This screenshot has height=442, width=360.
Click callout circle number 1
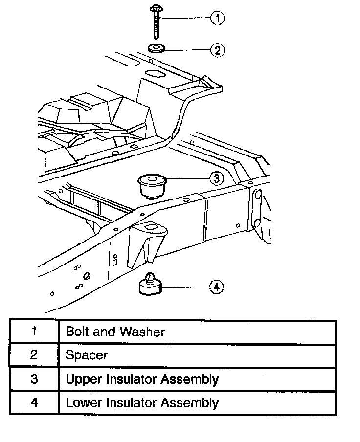[x=217, y=19]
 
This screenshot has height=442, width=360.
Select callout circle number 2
[x=217, y=49]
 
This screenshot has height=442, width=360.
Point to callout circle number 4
[x=217, y=287]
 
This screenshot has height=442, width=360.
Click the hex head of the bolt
[x=156, y=9]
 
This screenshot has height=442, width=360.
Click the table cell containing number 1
[x=34, y=331]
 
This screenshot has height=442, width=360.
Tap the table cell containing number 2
[x=34, y=355]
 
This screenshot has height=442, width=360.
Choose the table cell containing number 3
[x=34, y=379]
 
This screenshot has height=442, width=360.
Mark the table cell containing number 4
[x=34, y=403]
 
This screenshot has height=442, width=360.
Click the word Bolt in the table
[x=77, y=331]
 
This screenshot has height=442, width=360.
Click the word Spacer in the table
[x=87, y=355]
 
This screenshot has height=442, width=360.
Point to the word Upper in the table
[x=82, y=379]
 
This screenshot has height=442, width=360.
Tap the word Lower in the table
[x=82, y=403]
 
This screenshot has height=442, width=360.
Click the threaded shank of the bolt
[x=156, y=26]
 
